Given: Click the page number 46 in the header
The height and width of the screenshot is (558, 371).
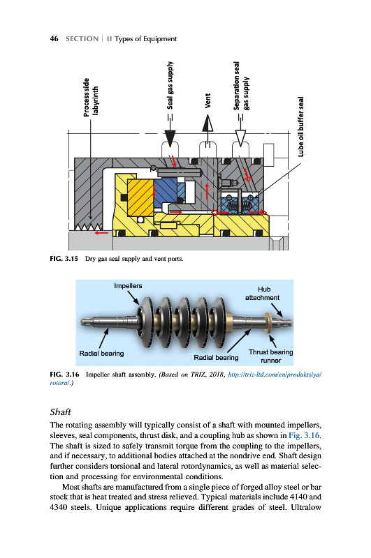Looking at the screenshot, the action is point(54,38).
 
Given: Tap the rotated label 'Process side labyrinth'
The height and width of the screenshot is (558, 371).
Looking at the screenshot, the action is point(91,97).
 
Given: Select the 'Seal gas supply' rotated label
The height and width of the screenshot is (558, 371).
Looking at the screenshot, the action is point(170,85).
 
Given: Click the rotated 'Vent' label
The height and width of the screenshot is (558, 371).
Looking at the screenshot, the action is point(208,100).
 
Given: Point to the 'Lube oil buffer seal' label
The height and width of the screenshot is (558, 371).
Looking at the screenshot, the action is point(301,127).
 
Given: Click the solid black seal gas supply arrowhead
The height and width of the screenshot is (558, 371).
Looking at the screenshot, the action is point(170,139).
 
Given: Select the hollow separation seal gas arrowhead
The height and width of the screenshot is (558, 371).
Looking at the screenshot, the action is point(240,138).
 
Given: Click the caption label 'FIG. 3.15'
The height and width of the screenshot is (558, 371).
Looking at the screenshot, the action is point(64,259).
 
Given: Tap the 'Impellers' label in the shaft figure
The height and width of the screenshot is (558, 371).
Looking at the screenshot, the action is point(128,286).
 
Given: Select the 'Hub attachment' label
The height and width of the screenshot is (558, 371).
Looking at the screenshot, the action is point(262,294).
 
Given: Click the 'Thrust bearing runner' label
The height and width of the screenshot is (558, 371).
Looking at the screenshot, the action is point(271,356).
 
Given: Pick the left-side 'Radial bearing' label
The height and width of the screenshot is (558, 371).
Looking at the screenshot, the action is point(101,354).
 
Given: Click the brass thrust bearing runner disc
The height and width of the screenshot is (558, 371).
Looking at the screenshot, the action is point(268,323).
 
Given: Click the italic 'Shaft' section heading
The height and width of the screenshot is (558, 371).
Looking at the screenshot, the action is point(61,412).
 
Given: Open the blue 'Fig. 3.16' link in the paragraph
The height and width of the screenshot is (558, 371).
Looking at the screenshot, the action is point(304,435).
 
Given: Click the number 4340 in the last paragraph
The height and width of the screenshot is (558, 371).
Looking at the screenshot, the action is point(59,507).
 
